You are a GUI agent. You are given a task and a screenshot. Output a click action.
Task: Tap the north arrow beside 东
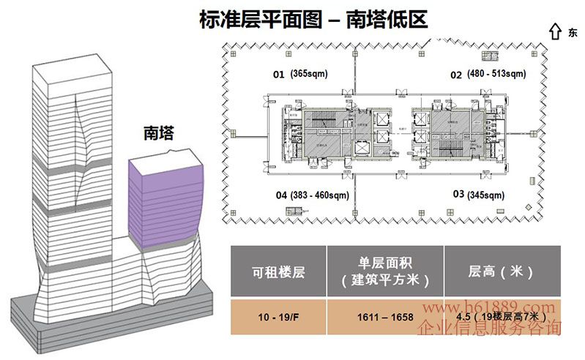pyautogui.click(x=554, y=31)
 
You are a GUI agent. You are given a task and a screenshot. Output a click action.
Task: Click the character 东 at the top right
pyautogui.click(x=572, y=32)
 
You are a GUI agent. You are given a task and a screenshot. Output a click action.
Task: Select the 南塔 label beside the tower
pyautogui.click(x=160, y=133)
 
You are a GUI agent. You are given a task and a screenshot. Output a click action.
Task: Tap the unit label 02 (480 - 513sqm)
pyautogui.click(x=488, y=74)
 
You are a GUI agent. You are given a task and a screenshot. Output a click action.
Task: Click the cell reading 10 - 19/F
pyautogui.click(x=278, y=317)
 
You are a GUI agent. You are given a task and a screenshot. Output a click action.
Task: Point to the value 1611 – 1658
pyautogui.click(x=387, y=317)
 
